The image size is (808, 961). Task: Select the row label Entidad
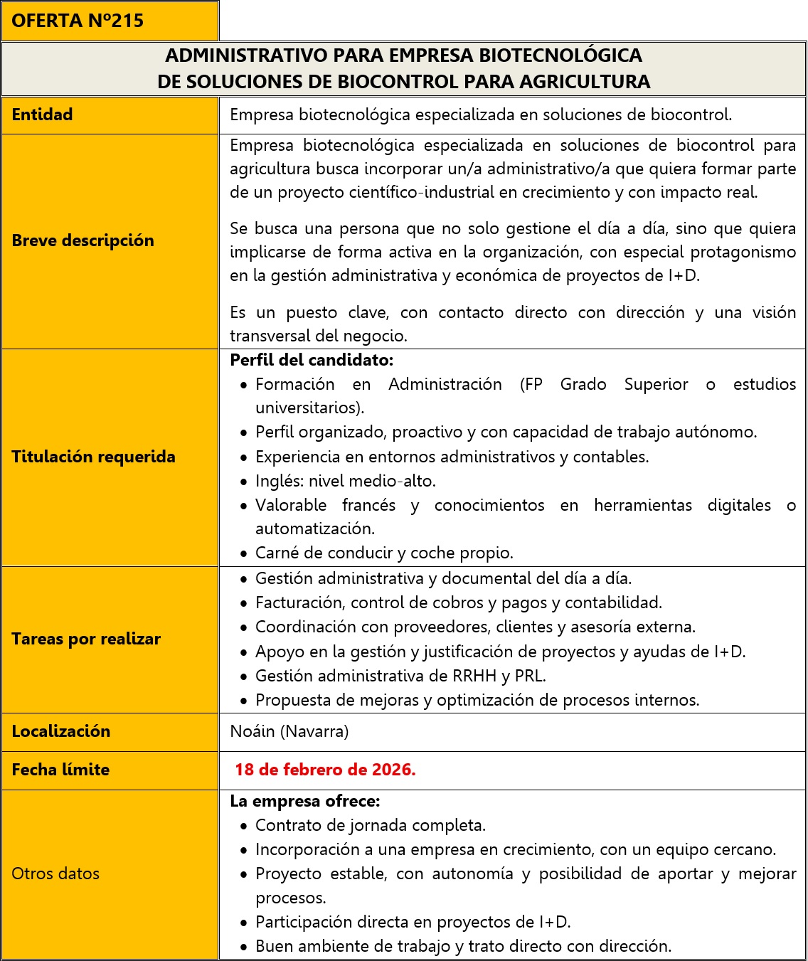pos(42,115)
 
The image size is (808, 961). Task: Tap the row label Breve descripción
pos(83,240)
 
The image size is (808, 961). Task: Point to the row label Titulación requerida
pos(93,457)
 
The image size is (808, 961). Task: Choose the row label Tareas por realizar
pos(86,639)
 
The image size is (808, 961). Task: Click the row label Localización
pos(61,731)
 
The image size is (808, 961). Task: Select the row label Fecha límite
pos(60,770)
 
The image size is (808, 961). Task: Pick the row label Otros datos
pos(55,874)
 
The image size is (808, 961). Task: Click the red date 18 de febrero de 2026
pos(325,770)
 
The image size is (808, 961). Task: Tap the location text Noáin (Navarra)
pos(289,731)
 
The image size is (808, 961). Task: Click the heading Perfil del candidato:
pos(312,360)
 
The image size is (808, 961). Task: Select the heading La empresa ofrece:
pos(305,801)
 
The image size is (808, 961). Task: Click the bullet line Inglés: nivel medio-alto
pos(346,481)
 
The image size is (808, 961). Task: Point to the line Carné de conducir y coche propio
pos(384,553)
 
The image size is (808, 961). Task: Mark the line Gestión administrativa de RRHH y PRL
pos(400,676)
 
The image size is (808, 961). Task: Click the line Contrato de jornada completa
pos(371,825)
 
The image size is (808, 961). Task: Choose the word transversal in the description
pos(271,336)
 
